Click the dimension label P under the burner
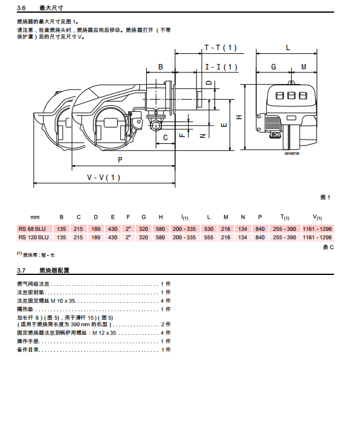pos(120,160)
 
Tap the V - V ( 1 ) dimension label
pos(103,178)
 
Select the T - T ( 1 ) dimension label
pos(220,48)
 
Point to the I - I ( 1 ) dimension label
pos(221,66)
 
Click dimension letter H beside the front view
pos(239,117)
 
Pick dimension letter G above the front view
pos(274,67)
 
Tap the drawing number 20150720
pos(292,153)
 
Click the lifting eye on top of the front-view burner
pos(291,82)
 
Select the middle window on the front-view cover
pos(291,95)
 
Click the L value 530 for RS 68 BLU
pos(208,229)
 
